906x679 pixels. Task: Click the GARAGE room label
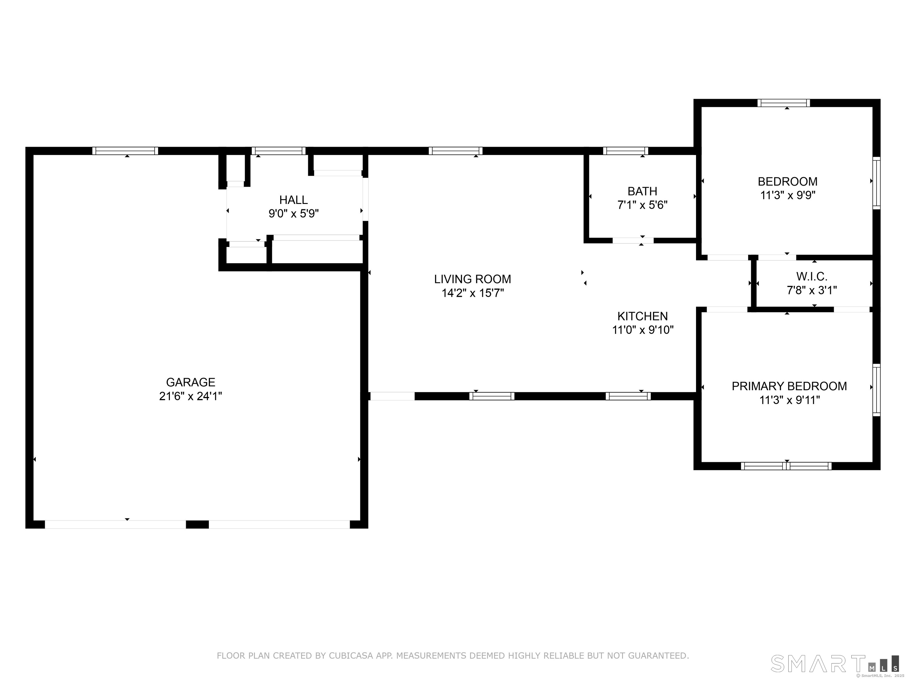191,382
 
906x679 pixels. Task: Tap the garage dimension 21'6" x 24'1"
191,396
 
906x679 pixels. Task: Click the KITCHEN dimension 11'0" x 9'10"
642,330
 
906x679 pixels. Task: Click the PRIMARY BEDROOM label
789,386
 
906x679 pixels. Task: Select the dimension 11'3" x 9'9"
788,195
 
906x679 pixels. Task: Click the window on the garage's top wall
125,151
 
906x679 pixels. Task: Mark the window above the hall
278,151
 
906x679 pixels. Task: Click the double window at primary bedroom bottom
786,466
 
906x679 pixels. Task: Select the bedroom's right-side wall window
876,183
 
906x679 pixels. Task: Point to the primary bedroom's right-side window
876,390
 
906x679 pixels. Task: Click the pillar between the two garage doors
197,524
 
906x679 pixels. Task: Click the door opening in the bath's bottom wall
633,240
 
